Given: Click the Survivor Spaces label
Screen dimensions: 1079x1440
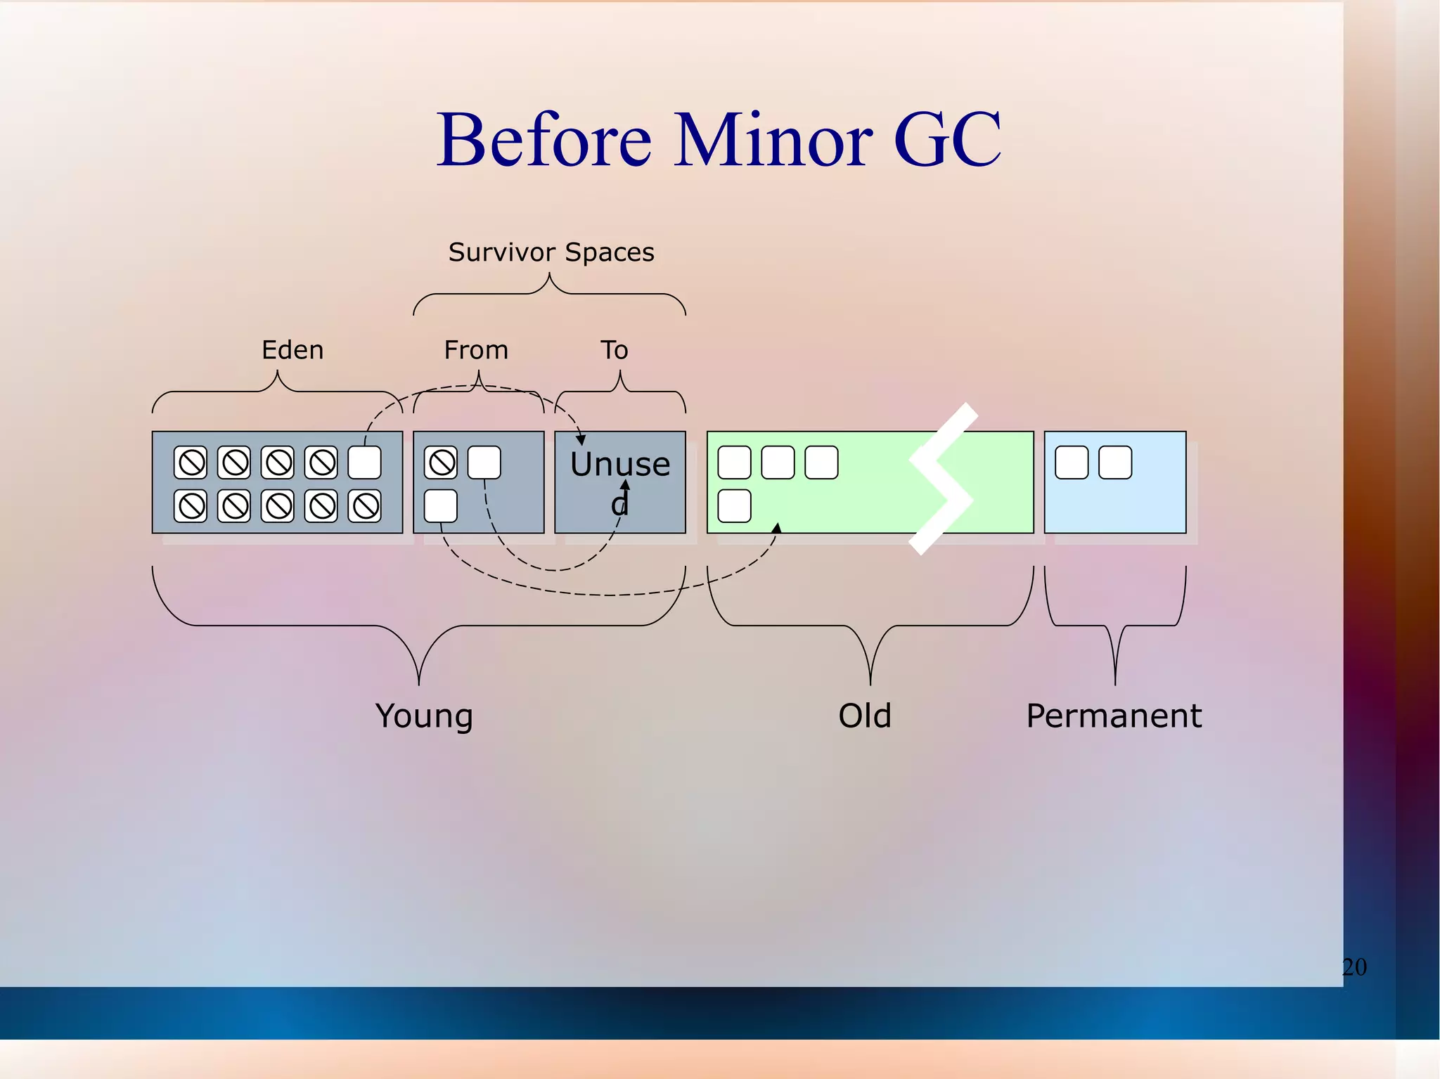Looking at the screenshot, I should pyautogui.click(x=551, y=252).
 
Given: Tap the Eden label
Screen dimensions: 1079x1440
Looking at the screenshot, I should pyautogui.click(x=292, y=349).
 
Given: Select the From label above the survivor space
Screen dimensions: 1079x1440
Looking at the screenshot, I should pyautogui.click(x=476, y=349).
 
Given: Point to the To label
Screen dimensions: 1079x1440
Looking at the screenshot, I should pyautogui.click(x=614, y=349).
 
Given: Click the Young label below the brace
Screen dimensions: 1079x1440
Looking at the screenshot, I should pyautogui.click(x=424, y=716).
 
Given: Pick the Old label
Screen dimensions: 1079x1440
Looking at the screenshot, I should pyautogui.click(x=865, y=716).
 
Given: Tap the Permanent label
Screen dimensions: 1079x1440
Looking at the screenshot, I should pyautogui.click(x=1114, y=716).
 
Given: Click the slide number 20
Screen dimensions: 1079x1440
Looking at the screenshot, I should pyautogui.click(x=1354, y=967).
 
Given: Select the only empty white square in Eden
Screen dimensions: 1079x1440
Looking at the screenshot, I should pyautogui.click(x=365, y=463).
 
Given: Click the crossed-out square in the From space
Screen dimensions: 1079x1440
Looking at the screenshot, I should pyautogui.click(x=442, y=463).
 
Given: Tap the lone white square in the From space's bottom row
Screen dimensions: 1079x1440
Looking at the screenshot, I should pyautogui.click(x=442, y=506).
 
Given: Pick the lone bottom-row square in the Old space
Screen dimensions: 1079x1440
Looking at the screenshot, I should pyautogui.click(x=735, y=506).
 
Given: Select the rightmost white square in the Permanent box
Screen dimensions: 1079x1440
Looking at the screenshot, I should pyautogui.click(x=1115, y=463).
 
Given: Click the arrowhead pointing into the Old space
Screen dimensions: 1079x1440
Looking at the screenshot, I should pyautogui.click(x=777, y=528).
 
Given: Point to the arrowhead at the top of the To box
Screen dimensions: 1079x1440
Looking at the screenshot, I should pyautogui.click(x=581, y=440).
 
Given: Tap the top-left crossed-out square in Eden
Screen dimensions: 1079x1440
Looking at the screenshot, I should pyautogui.click(x=191, y=463).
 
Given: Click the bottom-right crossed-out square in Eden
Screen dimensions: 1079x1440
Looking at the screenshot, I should pyautogui.click(x=365, y=506).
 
